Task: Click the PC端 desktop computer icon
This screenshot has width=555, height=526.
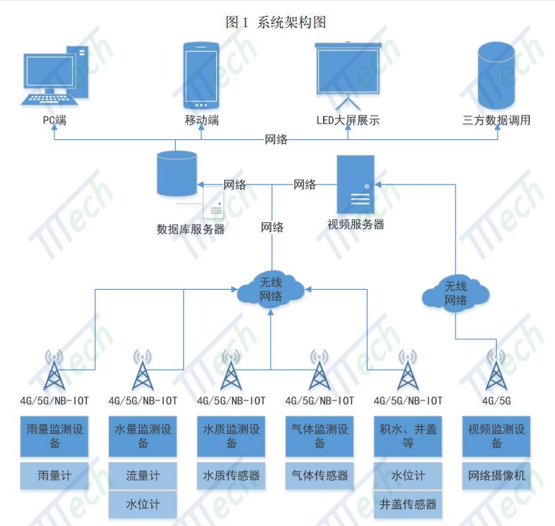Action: [56, 75]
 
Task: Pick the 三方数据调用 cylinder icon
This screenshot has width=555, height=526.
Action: [496, 75]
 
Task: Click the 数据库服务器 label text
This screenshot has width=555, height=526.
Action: [190, 230]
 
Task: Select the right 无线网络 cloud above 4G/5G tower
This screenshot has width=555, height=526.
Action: [456, 293]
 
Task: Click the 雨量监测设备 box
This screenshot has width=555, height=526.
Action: [54, 436]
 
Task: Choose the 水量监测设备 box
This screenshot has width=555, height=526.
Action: [143, 436]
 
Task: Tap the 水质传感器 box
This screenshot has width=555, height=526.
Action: [231, 476]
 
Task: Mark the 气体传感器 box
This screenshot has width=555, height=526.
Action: [320, 476]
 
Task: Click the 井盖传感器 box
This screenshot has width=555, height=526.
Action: [408, 504]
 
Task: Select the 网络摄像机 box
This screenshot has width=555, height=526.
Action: [496, 476]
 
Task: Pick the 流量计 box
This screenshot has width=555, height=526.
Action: [143, 476]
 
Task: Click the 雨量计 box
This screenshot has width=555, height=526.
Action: [54, 476]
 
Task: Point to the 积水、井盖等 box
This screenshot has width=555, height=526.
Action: [408, 436]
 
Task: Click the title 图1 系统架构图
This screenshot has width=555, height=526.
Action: [276, 22]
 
